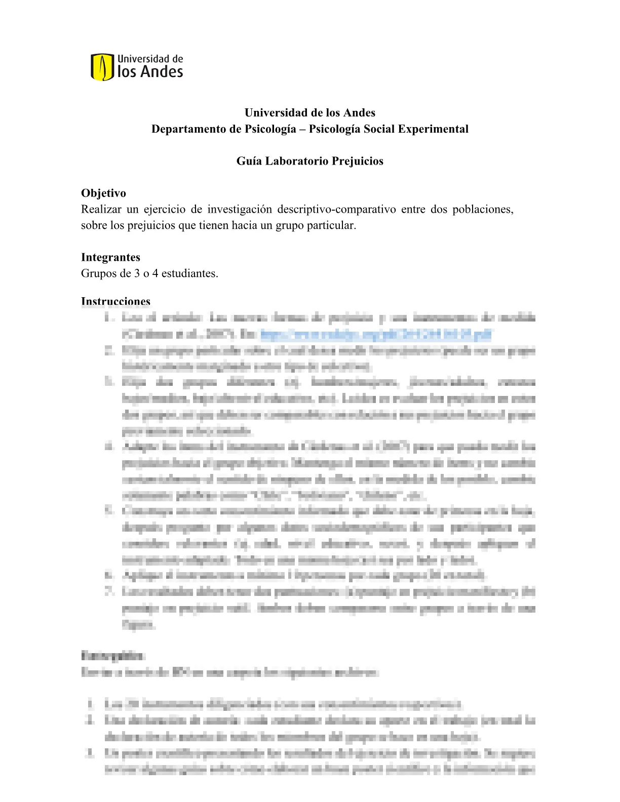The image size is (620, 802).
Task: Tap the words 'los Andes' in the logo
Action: click(x=150, y=72)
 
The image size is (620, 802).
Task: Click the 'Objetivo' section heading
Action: click(x=103, y=193)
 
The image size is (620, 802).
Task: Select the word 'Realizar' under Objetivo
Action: click(x=101, y=209)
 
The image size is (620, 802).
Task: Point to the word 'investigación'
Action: click(x=239, y=209)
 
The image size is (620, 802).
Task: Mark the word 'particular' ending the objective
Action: click(x=331, y=225)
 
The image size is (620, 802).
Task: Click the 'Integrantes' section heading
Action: click(x=110, y=257)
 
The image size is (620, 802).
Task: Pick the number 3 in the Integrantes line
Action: click(x=137, y=273)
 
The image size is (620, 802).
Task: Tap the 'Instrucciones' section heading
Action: click(x=115, y=301)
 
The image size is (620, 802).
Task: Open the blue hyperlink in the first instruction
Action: click(x=375, y=334)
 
